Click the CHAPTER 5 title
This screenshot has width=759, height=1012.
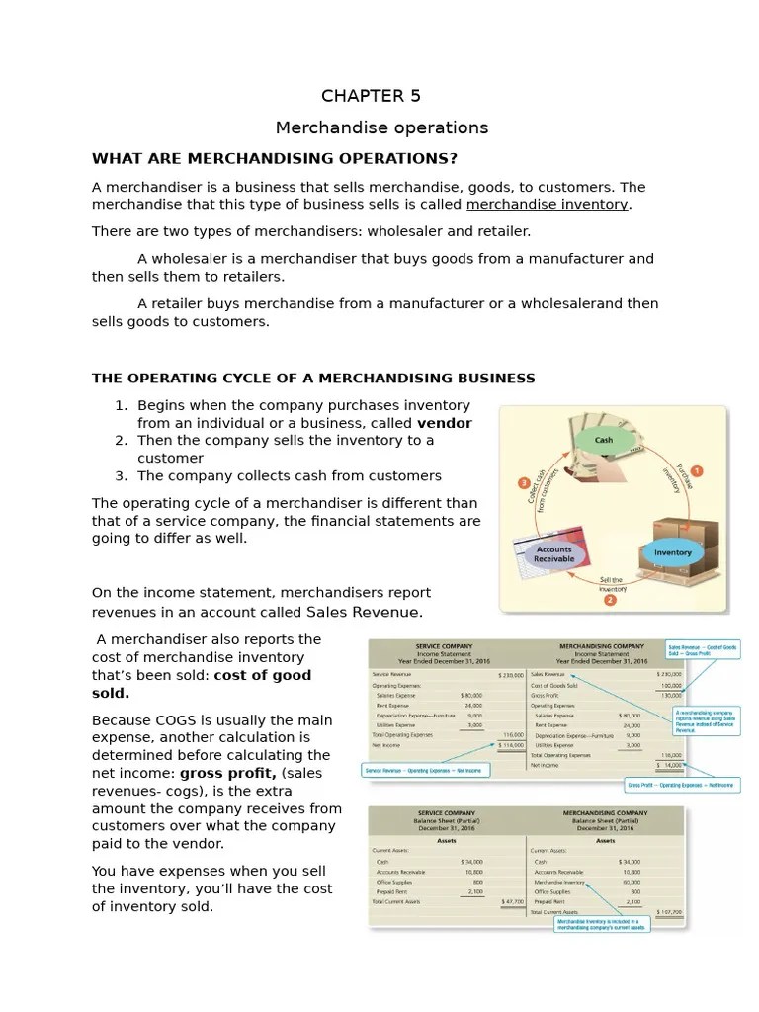pyautogui.click(x=371, y=96)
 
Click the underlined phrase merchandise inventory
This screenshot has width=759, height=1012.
pyautogui.click(x=548, y=205)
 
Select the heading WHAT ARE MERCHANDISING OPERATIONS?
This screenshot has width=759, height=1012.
pyautogui.click(x=275, y=159)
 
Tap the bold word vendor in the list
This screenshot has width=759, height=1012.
pyautogui.click(x=445, y=423)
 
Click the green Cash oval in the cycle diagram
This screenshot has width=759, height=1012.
pyautogui.click(x=604, y=440)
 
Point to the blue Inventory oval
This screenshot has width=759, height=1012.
pyautogui.click(x=672, y=552)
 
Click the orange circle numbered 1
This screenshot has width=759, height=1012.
pyautogui.click(x=696, y=471)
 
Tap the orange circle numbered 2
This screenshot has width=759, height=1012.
pyautogui.click(x=611, y=599)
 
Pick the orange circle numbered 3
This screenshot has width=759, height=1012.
pyautogui.click(x=524, y=482)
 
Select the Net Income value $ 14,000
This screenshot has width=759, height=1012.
pyautogui.click(x=673, y=765)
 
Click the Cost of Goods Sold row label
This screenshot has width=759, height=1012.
pyautogui.click(x=555, y=685)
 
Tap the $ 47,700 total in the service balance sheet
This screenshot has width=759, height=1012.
pyautogui.click(x=512, y=901)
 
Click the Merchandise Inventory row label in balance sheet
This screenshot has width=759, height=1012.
pyautogui.click(x=559, y=882)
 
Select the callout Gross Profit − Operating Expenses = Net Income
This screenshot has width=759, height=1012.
pyautogui.click(x=681, y=786)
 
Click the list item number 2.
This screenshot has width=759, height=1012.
pyautogui.click(x=121, y=441)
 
